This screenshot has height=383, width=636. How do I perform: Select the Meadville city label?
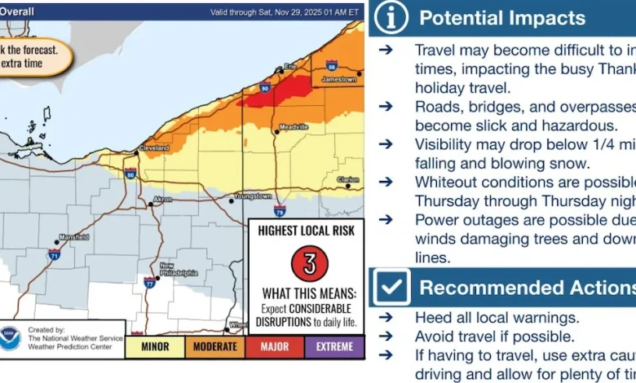click(x=294, y=127)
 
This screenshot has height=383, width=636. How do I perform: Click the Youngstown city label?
click(x=251, y=196)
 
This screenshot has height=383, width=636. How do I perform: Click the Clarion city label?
click(x=347, y=179)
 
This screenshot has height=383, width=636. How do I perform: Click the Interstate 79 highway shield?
click(x=280, y=209)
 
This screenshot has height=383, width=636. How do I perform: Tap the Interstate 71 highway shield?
click(x=52, y=255)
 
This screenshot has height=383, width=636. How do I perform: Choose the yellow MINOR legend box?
click(x=154, y=346)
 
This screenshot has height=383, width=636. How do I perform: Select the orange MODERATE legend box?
click(x=214, y=346)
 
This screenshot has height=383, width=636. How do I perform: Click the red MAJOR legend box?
click(x=275, y=346)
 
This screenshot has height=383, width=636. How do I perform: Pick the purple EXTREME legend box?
click(x=334, y=346)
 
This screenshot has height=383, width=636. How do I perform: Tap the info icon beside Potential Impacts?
click(x=391, y=18)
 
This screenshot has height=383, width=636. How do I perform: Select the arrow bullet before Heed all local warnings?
click(x=385, y=318)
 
